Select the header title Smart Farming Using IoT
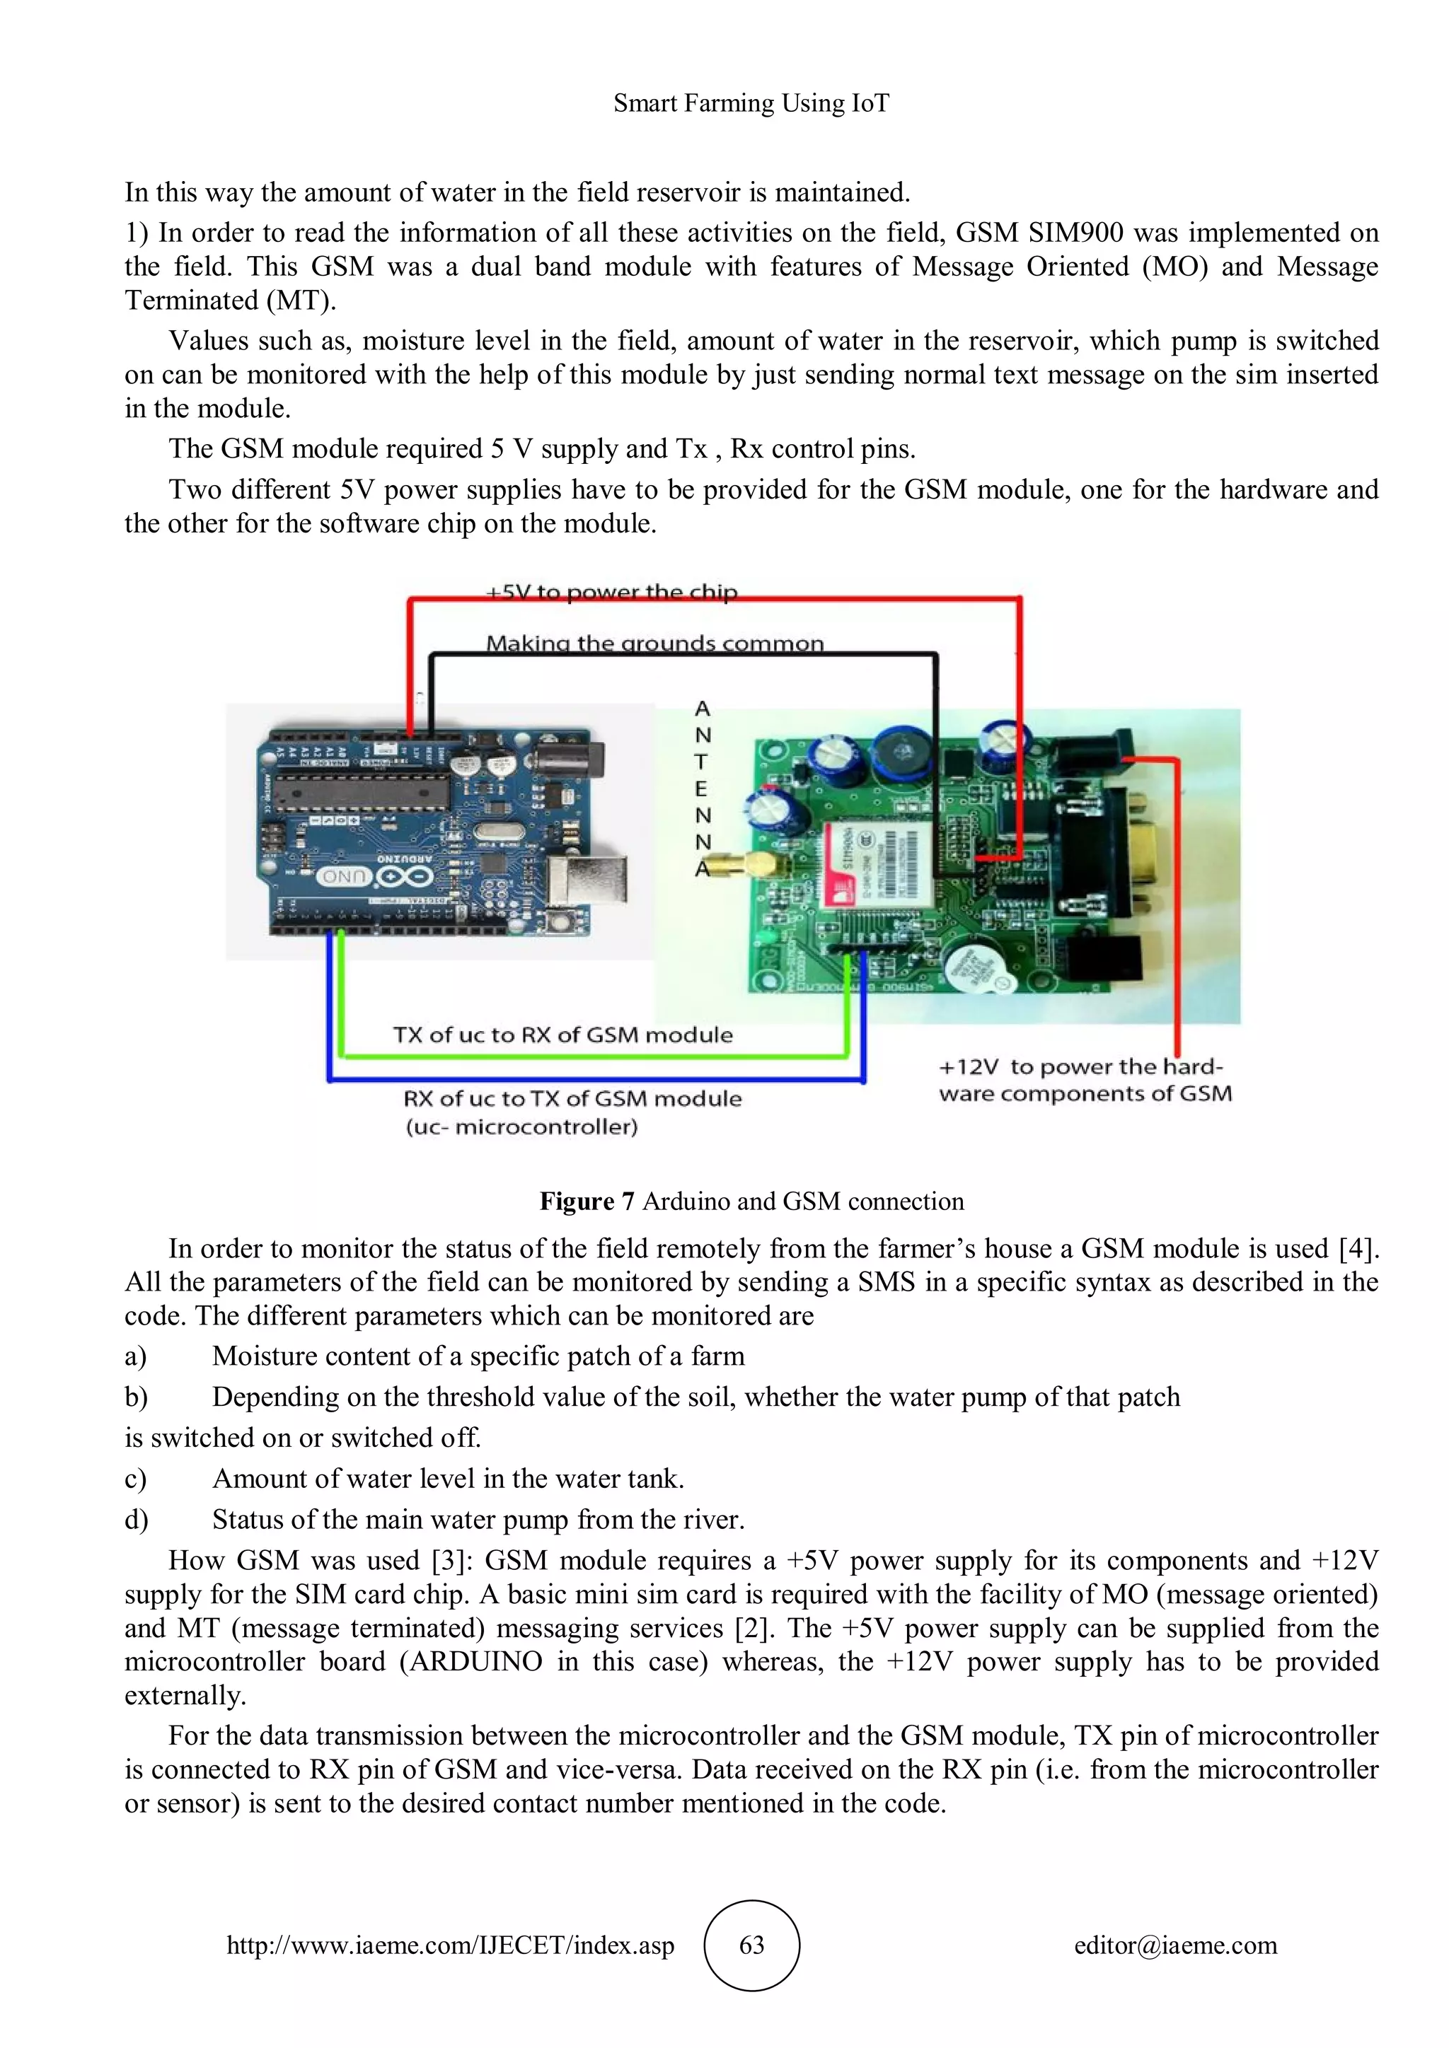(751, 103)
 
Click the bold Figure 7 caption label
(587, 1202)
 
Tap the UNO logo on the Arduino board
(340, 878)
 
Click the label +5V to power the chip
(612, 593)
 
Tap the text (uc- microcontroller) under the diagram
(522, 1127)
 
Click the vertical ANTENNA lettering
(703, 788)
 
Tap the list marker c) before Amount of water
(136, 1479)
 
